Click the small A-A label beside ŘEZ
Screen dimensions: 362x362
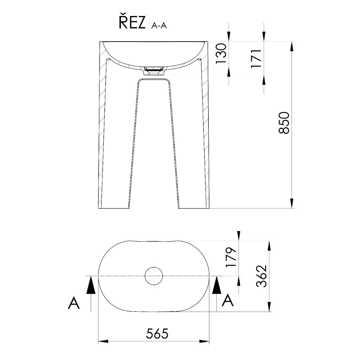pyautogui.click(x=159, y=26)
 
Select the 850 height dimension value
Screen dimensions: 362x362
pyautogui.click(x=284, y=123)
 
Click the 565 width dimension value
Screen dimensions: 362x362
pyautogui.click(x=157, y=334)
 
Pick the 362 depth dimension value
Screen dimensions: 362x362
pyautogui.click(x=261, y=276)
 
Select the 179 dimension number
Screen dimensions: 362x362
pyautogui.click(x=231, y=257)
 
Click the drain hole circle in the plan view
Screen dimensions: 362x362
pyautogui.click(x=154, y=276)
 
